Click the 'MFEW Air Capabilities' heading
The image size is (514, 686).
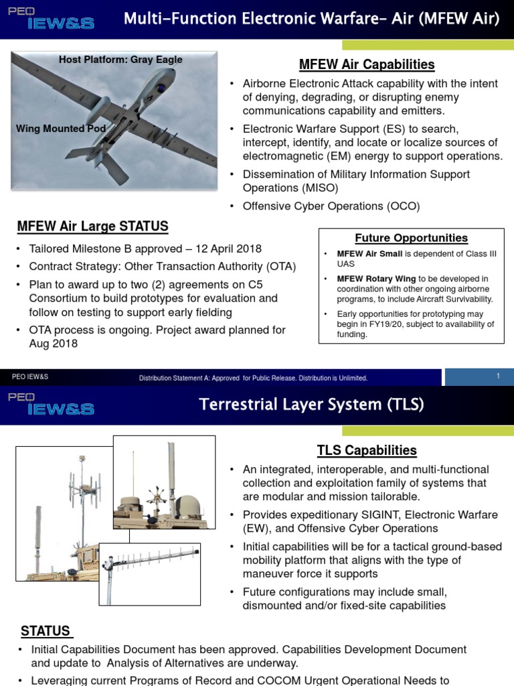pos(367,65)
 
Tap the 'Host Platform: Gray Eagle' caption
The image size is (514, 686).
pos(120,60)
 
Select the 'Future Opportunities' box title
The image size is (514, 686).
pos(411,238)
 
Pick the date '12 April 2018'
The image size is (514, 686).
pos(229,249)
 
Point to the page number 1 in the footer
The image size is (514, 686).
pos(498,376)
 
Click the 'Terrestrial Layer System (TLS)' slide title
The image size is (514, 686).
pos(311,405)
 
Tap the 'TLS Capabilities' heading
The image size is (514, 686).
pos(367,450)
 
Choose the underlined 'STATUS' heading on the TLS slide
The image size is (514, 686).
pos(46,631)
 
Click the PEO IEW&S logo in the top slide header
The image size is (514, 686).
pos(52,19)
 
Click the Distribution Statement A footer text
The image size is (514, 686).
pos(253,379)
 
